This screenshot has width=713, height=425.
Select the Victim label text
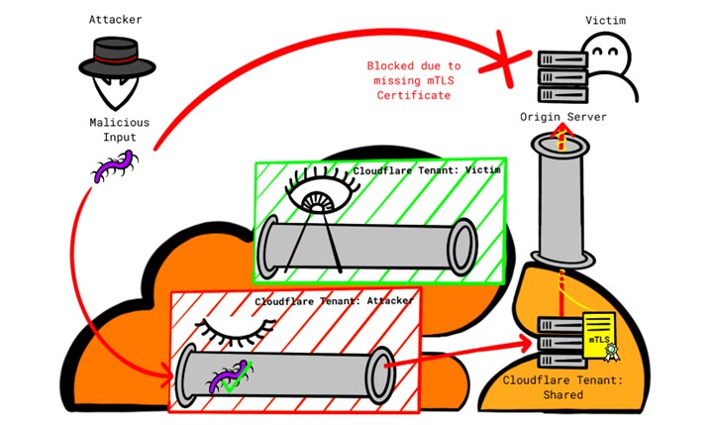[604, 18]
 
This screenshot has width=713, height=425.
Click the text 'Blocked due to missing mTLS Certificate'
[413, 79]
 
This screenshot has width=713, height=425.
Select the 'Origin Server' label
[563, 117]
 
